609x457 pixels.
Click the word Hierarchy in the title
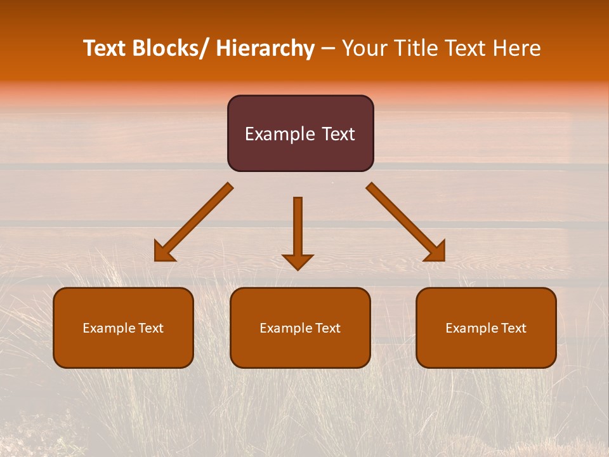265,48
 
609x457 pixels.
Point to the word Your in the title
364,48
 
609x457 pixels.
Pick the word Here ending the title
516,48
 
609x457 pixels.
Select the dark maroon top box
300,152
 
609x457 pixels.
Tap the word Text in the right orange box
513,328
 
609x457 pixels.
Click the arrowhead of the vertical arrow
298,262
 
